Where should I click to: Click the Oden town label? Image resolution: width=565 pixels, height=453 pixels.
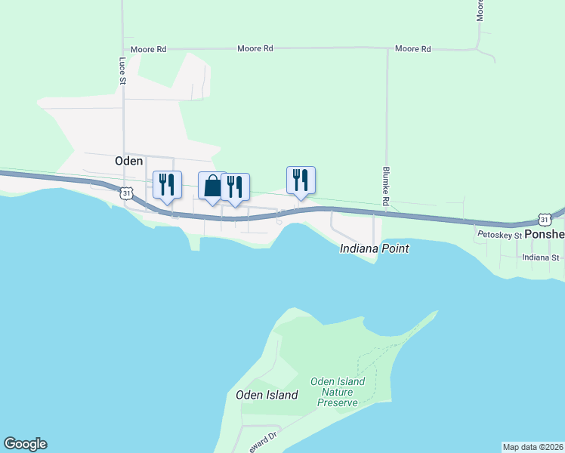[128, 161]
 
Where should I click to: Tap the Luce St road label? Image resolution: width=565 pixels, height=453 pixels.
[122, 70]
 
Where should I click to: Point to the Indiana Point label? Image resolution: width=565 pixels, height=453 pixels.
[374, 248]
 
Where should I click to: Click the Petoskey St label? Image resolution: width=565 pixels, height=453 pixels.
[499, 236]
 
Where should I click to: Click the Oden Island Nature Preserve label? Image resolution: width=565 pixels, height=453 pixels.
[338, 392]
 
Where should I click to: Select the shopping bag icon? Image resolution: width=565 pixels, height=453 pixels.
[211, 186]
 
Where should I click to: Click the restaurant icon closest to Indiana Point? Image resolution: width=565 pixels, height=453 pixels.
[301, 180]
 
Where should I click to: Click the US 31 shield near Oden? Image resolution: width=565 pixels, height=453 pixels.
[127, 194]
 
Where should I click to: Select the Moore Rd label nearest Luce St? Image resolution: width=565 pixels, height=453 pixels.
[148, 49]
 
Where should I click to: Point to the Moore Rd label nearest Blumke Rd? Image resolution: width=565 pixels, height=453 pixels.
[412, 49]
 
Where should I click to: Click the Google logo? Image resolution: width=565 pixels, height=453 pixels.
[25, 444]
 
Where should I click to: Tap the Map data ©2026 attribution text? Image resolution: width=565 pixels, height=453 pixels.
[533, 446]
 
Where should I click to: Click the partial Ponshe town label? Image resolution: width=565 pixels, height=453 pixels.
[545, 235]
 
